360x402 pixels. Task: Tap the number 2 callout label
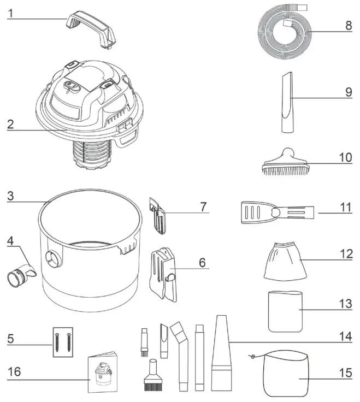point(10,123)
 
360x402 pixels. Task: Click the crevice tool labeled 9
point(287,103)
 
